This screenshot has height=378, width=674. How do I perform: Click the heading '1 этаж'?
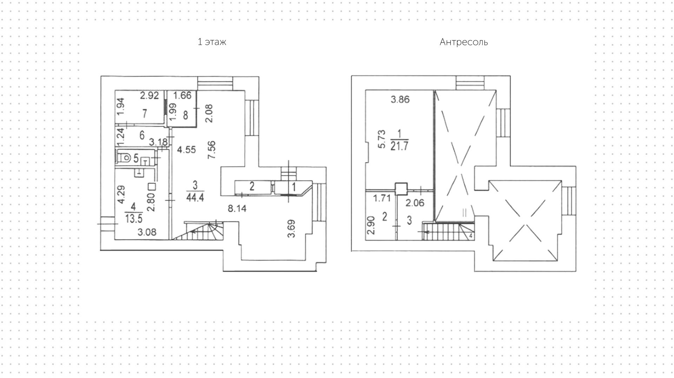click(x=212, y=42)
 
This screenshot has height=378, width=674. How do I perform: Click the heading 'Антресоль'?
click(x=463, y=42)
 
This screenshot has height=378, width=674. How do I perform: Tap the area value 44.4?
click(x=196, y=197)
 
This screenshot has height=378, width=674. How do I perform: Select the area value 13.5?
click(x=134, y=219)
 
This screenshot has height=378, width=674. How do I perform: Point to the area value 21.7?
click(x=399, y=146)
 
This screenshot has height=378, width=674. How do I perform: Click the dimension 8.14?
click(x=237, y=209)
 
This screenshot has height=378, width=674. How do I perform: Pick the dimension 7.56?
click(x=211, y=150)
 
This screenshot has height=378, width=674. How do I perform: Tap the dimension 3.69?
click(x=291, y=229)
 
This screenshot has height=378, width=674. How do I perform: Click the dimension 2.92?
click(x=149, y=95)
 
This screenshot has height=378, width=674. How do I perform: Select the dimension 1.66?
click(x=183, y=95)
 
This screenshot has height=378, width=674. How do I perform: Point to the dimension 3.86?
click(x=400, y=100)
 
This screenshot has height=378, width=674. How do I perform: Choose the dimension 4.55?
click(x=186, y=150)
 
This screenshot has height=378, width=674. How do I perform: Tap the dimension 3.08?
click(x=147, y=232)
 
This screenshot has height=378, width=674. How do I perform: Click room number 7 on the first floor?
click(x=145, y=114)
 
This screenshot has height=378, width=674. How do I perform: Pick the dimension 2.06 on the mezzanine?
click(x=415, y=203)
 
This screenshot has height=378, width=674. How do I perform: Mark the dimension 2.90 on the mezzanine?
click(x=371, y=225)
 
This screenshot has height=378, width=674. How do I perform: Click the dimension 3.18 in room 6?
click(x=158, y=142)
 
